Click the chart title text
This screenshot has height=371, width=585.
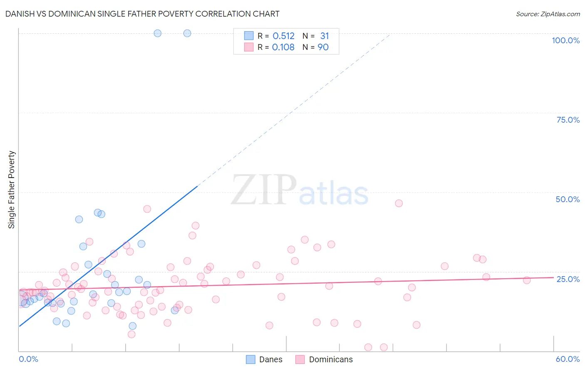(x=142, y=14)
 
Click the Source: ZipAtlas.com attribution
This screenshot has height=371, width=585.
(x=548, y=14)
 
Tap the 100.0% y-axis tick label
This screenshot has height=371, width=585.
(x=565, y=40)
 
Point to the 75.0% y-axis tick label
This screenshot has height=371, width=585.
(x=568, y=120)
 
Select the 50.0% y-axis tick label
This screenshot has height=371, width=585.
(x=568, y=199)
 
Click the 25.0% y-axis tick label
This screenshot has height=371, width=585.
(x=568, y=279)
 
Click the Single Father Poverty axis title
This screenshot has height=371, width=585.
(x=12, y=190)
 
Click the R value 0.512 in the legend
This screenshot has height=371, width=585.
(x=283, y=36)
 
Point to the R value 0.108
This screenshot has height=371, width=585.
(x=283, y=47)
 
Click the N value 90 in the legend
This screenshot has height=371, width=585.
(x=323, y=47)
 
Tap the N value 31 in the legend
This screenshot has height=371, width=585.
(x=325, y=36)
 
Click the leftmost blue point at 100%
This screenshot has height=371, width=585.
(x=157, y=33)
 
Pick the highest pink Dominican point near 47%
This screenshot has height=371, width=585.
(x=399, y=203)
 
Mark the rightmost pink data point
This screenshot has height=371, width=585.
(x=527, y=280)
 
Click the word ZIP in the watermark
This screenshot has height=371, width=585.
(x=264, y=190)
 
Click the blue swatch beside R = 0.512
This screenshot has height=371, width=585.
(x=249, y=36)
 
